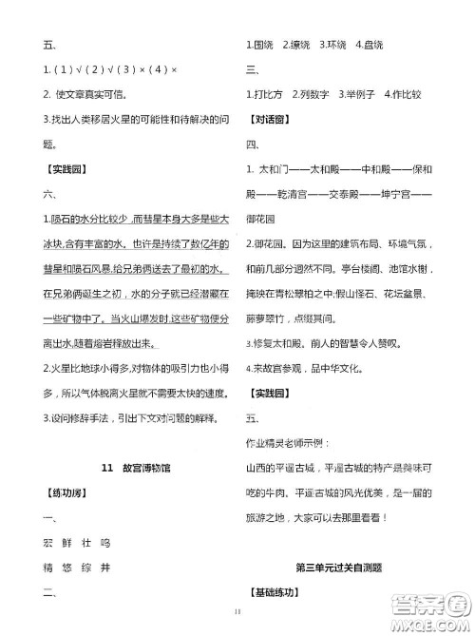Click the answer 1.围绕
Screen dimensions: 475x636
pyautogui.click(x=259, y=44)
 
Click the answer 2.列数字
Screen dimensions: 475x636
pyautogui.click(x=311, y=95)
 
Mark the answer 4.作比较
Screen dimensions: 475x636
pyautogui.click(x=402, y=95)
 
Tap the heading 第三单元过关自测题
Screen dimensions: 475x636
pyautogui.click(x=338, y=569)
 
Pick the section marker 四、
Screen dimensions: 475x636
pyautogui.click(x=252, y=145)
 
